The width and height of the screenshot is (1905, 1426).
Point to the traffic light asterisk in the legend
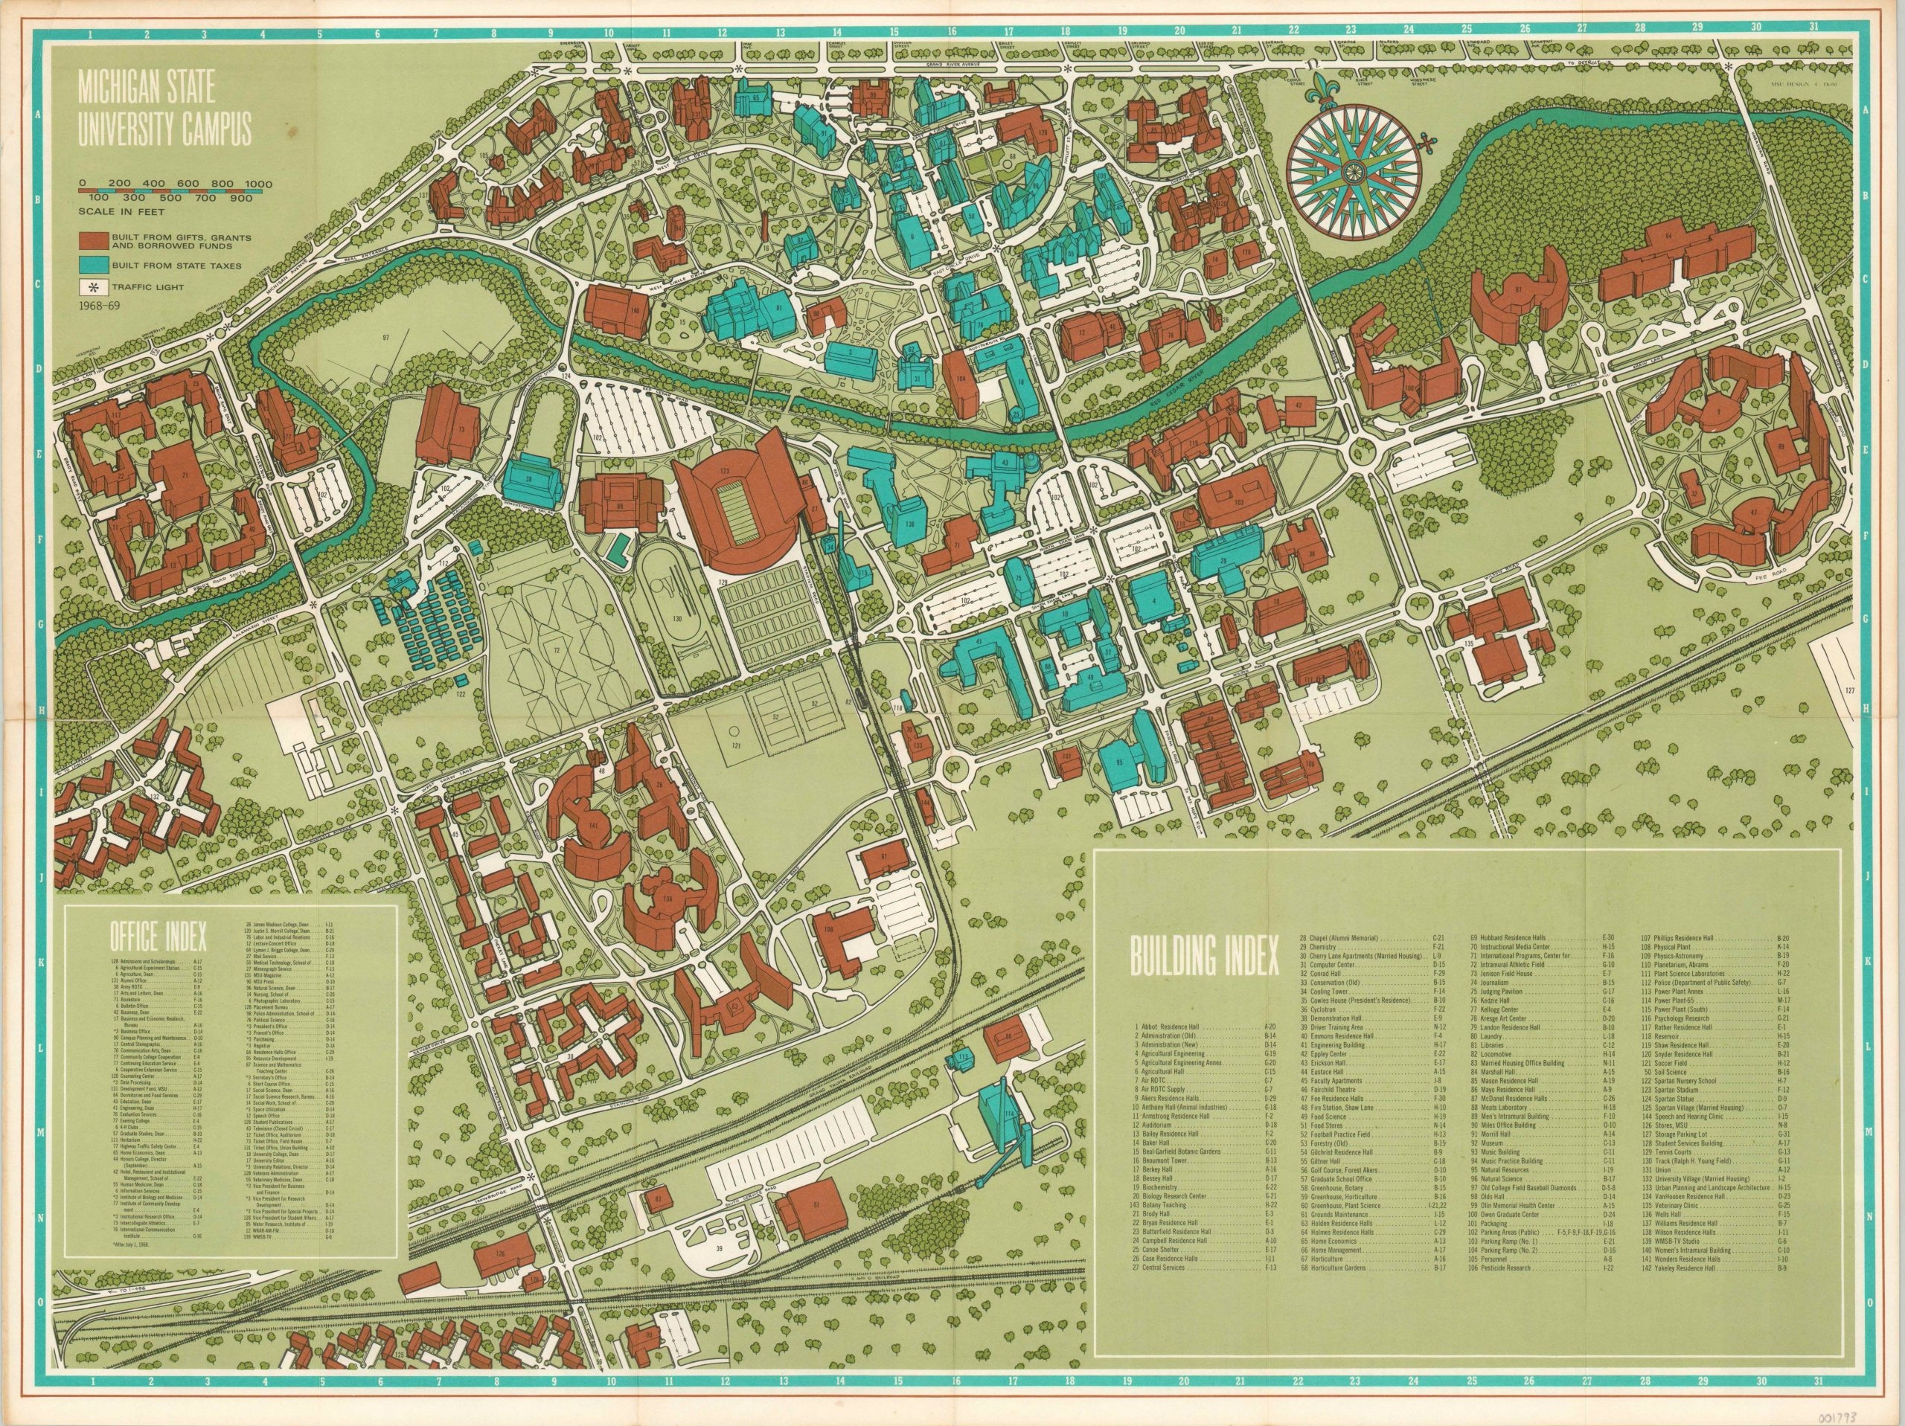point(89,288)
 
